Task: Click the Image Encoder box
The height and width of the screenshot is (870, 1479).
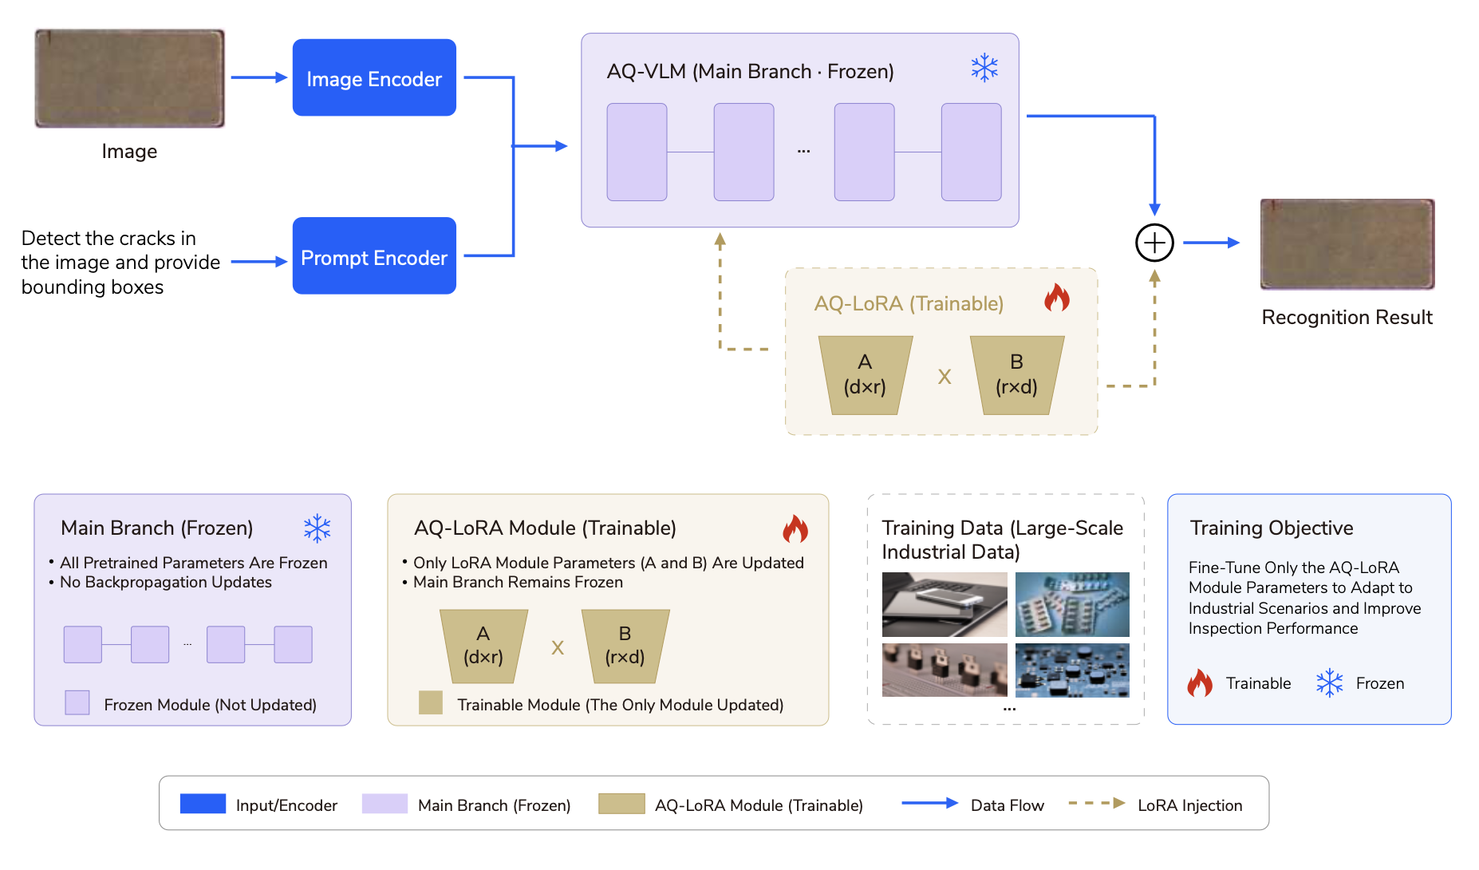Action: pyautogui.click(x=374, y=77)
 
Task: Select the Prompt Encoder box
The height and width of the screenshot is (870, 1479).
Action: pyautogui.click(x=374, y=255)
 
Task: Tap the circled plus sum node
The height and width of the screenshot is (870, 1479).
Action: pyautogui.click(x=1154, y=243)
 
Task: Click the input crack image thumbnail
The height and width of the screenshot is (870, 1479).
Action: pyautogui.click(x=129, y=78)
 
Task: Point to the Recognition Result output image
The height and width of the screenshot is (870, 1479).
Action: pyautogui.click(x=1347, y=243)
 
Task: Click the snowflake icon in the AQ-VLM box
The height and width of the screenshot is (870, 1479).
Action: pyautogui.click(x=984, y=68)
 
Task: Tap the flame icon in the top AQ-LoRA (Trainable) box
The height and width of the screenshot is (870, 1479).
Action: pyautogui.click(x=1057, y=298)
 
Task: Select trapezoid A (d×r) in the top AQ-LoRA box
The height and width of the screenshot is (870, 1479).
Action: pyautogui.click(x=866, y=375)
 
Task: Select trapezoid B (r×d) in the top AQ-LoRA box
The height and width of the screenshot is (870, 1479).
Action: pyautogui.click(x=1017, y=375)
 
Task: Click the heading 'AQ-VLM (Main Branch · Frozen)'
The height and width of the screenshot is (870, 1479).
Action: pyautogui.click(x=750, y=72)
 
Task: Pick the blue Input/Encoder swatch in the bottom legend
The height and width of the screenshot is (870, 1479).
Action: pyautogui.click(x=203, y=804)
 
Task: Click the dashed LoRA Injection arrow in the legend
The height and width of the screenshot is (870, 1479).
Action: pyautogui.click(x=1097, y=803)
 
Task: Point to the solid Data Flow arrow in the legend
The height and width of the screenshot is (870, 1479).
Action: pyautogui.click(x=930, y=803)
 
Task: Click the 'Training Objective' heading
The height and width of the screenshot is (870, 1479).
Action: pyautogui.click(x=1272, y=528)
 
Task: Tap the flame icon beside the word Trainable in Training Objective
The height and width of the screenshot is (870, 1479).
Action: pyautogui.click(x=1200, y=682)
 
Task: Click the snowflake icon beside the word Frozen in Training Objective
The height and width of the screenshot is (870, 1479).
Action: pyautogui.click(x=1330, y=683)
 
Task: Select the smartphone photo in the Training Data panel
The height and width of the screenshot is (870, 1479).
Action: pyautogui.click(x=945, y=604)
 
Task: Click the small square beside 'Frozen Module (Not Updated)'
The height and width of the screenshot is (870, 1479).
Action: pyautogui.click(x=77, y=702)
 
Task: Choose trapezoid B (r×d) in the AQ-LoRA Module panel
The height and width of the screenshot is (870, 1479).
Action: pyautogui.click(x=625, y=647)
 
